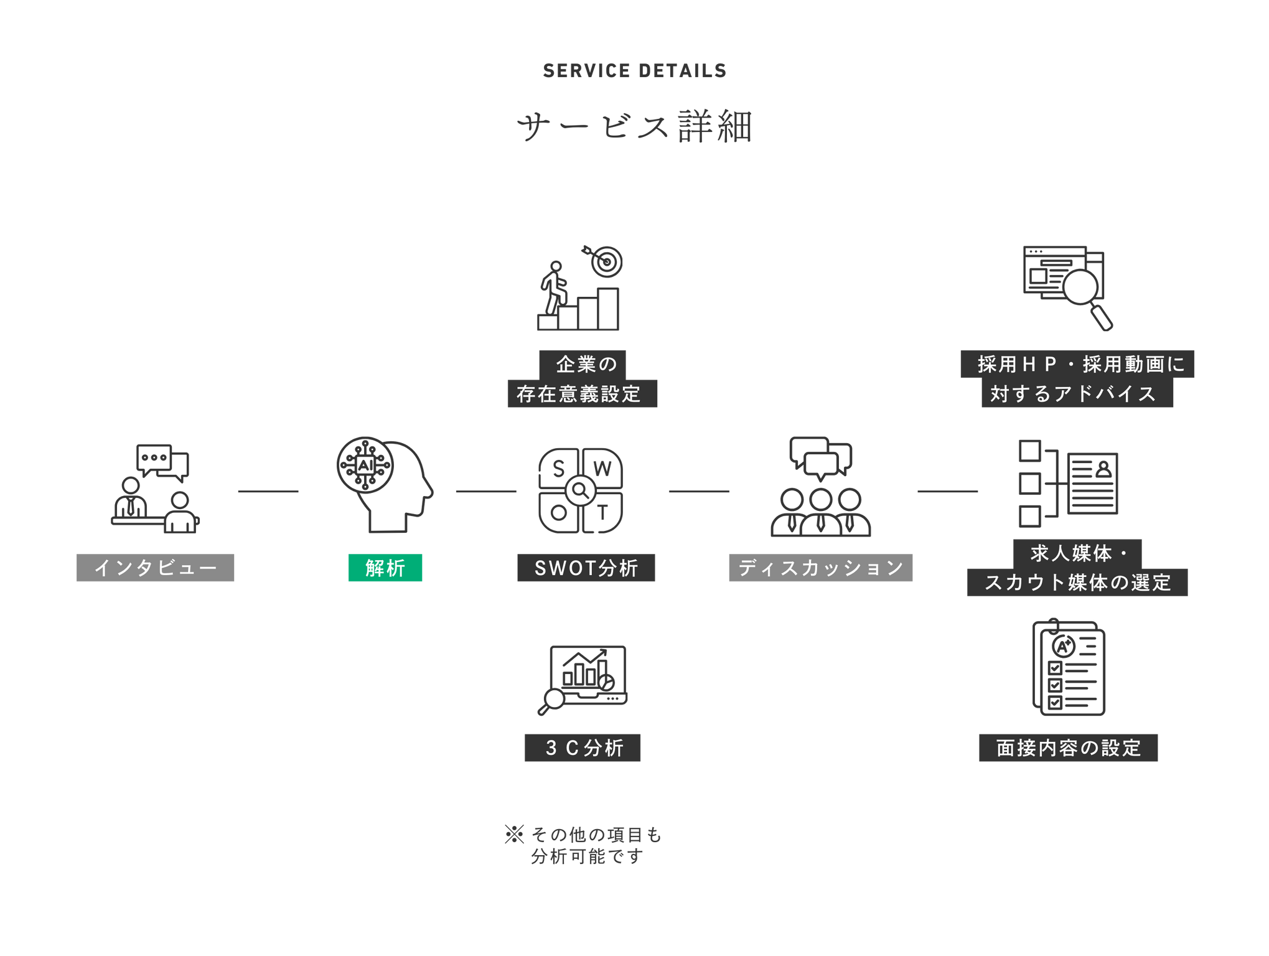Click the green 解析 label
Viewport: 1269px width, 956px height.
[385, 568]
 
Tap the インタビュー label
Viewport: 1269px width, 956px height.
[156, 568]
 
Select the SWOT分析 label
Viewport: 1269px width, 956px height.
[586, 568]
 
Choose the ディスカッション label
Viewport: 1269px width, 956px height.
[820, 568]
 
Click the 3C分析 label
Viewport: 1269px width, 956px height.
[583, 747]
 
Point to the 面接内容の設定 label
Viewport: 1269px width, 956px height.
[1068, 747]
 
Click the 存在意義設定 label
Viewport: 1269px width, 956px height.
[582, 394]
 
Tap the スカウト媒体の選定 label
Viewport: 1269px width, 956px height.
[1077, 583]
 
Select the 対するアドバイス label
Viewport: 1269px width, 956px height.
[1077, 394]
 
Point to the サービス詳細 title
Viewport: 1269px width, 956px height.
[634, 126]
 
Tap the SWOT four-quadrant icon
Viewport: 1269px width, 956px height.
[580, 490]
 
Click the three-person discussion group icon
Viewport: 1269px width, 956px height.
[820, 487]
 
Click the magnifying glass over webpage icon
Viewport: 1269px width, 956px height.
[1067, 287]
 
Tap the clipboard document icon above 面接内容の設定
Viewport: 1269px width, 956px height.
[1069, 667]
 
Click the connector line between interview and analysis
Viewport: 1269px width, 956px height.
[268, 492]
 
